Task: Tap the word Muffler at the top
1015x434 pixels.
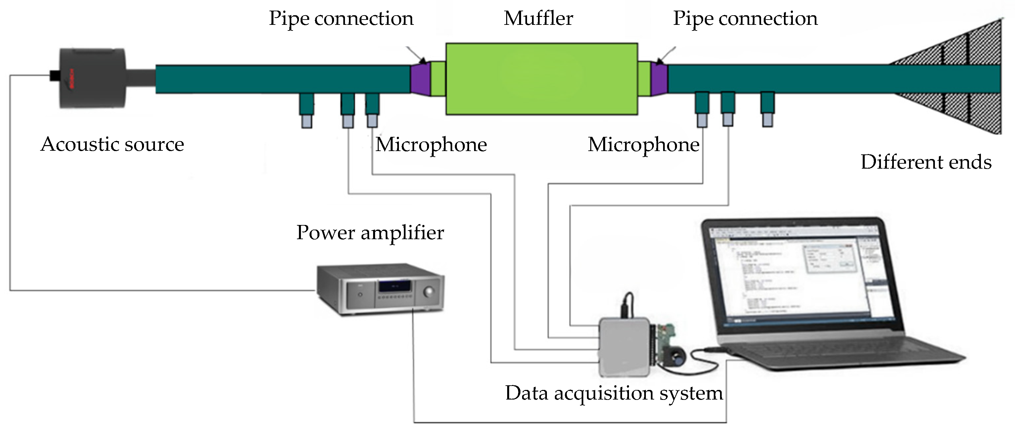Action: click(x=538, y=19)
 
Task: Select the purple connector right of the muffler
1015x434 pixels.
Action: click(x=659, y=79)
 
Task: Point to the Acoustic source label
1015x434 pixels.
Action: click(x=112, y=144)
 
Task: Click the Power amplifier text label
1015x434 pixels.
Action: click(x=370, y=233)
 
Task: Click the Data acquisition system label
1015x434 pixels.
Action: click(x=614, y=393)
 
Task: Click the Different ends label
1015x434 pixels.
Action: click(x=926, y=162)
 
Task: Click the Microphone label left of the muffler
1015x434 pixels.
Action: click(x=431, y=145)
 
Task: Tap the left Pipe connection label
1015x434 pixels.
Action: click(x=341, y=19)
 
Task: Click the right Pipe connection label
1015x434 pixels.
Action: click(x=745, y=19)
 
